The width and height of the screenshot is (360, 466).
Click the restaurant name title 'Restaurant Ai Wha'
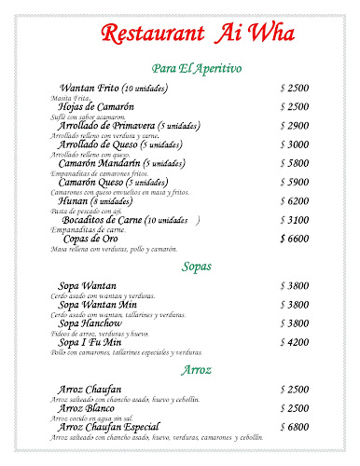[x=180, y=35]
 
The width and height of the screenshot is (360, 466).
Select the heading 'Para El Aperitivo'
[x=196, y=69]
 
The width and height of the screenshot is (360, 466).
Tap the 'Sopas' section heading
[x=197, y=267]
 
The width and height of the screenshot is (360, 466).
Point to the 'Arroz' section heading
[x=197, y=370]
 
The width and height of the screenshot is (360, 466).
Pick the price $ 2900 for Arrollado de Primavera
[x=294, y=126]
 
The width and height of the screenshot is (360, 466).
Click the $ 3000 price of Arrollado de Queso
[x=294, y=144]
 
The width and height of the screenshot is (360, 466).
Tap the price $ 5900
[x=294, y=182]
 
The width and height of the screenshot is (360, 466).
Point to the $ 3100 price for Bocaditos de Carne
[x=294, y=220]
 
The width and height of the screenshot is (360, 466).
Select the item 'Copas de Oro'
[x=90, y=239]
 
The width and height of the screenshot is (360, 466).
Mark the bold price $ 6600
[x=294, y=239]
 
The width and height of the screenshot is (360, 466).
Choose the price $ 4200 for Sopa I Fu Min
[x=294, y=342]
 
